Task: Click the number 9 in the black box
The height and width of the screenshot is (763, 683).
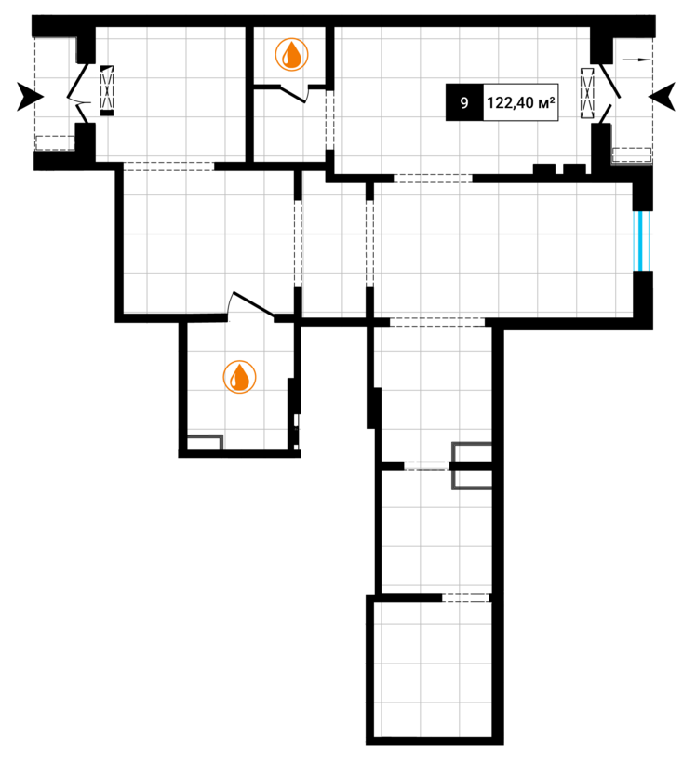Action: (463, 104)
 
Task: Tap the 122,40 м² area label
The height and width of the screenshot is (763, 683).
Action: (520, 104)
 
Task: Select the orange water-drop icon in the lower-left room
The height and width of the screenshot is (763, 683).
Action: (240, 377)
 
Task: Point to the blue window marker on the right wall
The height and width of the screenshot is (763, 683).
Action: (642, 240)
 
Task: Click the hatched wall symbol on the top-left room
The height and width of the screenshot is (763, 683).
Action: (107, 90)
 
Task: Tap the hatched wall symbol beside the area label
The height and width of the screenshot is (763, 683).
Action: (586, 92)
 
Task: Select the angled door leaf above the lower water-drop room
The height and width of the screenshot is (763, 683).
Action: (250, 303)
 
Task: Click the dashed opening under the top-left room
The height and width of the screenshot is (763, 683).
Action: (168, 167)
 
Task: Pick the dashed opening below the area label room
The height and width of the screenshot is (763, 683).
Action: (433, 178)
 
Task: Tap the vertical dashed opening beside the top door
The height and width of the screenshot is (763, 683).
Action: (328, 119)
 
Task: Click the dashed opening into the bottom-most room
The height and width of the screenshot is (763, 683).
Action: (465, 597)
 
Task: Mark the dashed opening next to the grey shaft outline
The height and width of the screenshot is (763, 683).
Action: (427, 465)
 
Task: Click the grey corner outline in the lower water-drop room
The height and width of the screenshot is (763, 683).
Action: (205, 442)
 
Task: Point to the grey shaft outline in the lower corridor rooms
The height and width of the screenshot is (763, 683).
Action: (471, 465)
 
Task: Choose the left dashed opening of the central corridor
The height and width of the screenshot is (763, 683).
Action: (298, 242)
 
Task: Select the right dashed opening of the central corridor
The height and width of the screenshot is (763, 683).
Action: (369, 242)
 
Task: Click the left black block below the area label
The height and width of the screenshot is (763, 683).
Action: (543, 169)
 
